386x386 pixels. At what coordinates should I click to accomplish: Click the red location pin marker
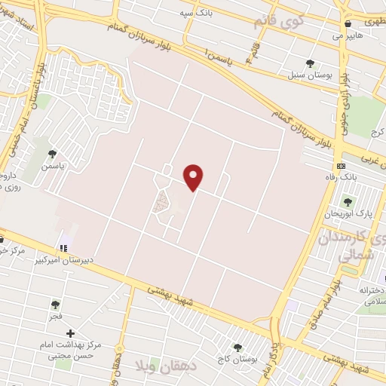click(x=195, y=176)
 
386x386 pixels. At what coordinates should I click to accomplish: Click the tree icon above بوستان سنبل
click(x=310, y=63)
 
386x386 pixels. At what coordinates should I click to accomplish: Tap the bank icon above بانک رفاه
click(x=342, y=165)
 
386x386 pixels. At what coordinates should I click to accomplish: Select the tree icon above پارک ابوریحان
click(x=348, y=201)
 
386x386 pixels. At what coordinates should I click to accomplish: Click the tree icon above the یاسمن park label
click(x=52, y=153)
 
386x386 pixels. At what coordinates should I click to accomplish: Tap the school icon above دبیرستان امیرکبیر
click(x=63, y=247)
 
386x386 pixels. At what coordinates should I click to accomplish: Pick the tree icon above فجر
click(x=55, y=305)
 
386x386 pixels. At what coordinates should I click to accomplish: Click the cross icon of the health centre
click(x=70, y=333)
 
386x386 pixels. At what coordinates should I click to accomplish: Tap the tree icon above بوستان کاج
click(x=237, y=348)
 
